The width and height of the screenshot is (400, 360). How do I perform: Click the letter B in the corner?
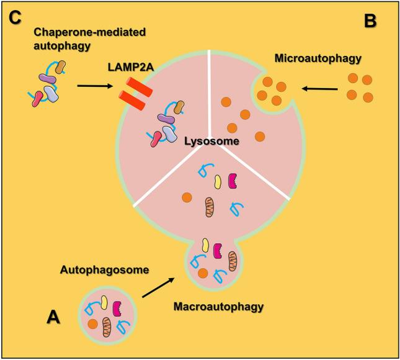370,22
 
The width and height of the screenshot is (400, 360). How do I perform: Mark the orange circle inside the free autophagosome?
92,323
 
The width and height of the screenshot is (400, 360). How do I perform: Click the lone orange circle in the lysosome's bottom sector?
185,198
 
